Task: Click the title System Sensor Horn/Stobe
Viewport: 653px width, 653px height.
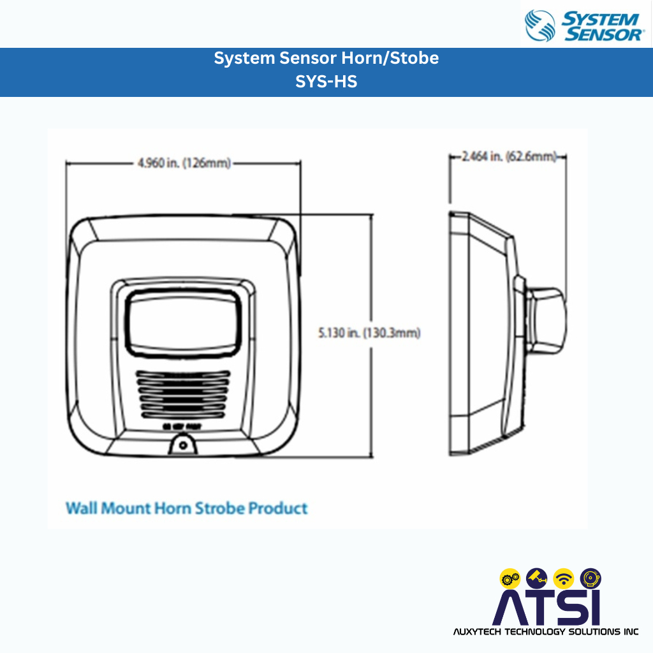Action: coord(326,58)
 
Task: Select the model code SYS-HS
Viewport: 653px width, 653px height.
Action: coord(326,82)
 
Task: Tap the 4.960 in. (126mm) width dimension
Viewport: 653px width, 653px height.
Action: coord(184,163)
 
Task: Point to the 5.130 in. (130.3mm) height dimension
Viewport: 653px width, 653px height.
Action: coord(369,332)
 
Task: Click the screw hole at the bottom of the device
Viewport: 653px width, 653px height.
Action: coord(184,445)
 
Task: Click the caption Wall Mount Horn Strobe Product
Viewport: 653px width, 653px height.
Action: coord(187,508)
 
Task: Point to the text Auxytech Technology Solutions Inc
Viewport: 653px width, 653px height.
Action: coord(545,632)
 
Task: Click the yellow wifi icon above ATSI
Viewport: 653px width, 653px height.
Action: coord(564,578)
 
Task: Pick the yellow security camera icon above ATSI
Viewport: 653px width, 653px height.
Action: coord(537,578)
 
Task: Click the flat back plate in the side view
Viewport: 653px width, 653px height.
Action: coord(459,332)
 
